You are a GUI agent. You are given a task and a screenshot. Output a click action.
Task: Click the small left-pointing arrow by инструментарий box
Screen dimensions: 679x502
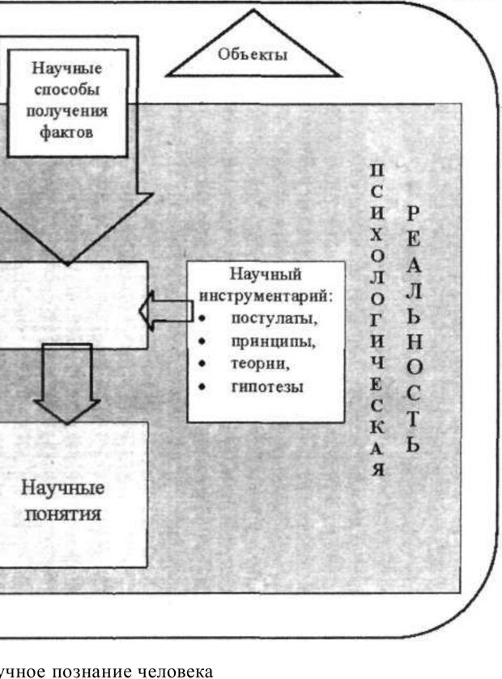point(161,310)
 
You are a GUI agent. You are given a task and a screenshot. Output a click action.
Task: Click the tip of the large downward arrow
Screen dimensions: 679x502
point(67,261)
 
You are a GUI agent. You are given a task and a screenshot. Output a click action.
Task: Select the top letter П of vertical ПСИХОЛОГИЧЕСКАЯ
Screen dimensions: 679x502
point(376,172)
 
